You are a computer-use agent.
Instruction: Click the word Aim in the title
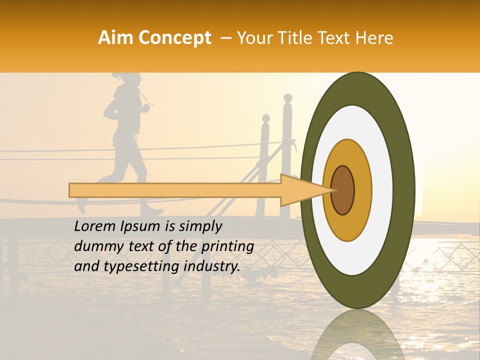[x=115, y=38]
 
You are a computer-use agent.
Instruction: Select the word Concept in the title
[x=174, y=38]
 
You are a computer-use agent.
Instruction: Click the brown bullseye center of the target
[x=342, y=190]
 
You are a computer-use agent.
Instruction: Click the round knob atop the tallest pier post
[x=287, y=97]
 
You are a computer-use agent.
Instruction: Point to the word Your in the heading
[x=253, y=38]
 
